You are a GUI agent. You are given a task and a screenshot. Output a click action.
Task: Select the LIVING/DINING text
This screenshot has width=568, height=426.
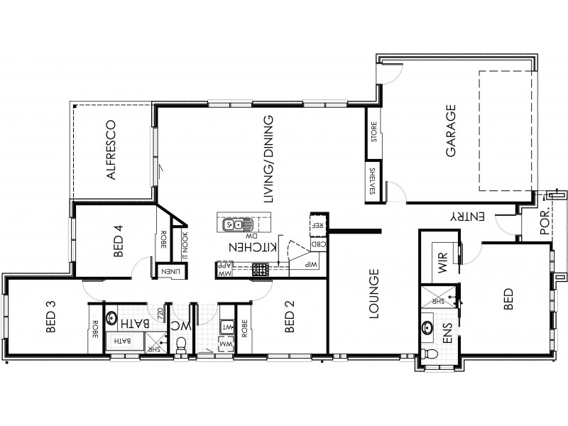pyautogui.click(x=268, y=160)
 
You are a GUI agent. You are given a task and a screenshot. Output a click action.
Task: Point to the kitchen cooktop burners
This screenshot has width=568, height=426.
pyautogui.click(x=261, y=269)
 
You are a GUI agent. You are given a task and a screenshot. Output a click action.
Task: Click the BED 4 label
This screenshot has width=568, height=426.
pyautogui.click(x=119, y=241)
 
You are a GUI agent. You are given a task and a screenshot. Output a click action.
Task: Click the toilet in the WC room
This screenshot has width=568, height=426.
pyautogui.click(x=182, y=344)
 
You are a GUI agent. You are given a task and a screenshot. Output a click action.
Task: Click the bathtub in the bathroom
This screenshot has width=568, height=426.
pyautogui.click(x=124, y=342)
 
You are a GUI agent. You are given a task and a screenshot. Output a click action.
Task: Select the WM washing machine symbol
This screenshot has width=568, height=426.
pyautogui.click(x=227, y=344)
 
